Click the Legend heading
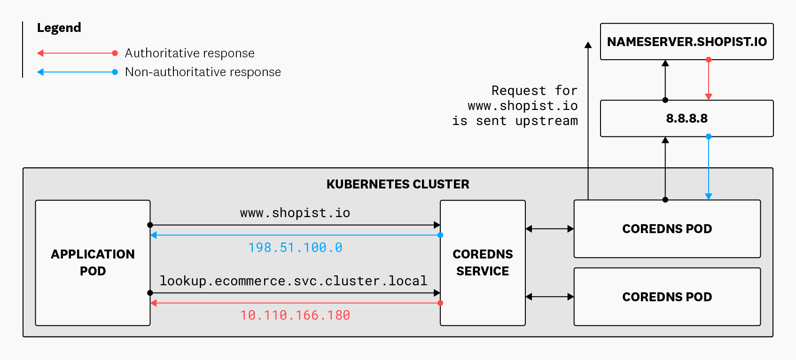(59, 28)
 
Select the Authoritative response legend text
(189, 53)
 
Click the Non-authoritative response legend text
(203, 72)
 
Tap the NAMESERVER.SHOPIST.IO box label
(687, 42)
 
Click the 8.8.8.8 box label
(687, 118)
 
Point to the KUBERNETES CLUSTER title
(398, 184)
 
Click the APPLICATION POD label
(93, 262)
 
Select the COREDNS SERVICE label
(483, 262)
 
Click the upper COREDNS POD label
(667, 229)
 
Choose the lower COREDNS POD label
(667, 297)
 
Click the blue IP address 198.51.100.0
(295, 248)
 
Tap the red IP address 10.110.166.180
(295, 315)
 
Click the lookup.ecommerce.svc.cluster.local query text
(293, 281)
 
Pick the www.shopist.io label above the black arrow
(295, 213)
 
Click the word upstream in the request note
(546, 121)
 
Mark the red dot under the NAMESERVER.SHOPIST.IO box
(709, 60)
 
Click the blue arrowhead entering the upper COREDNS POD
(709, 196)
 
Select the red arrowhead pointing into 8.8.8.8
(709, 97)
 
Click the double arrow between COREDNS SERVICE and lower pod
(549, 297)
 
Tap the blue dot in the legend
(115, 72)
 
